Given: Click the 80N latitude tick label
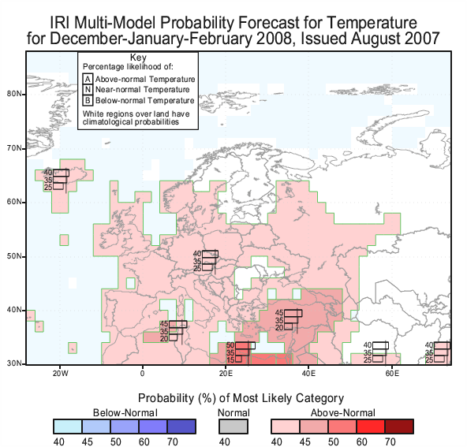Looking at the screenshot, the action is point(13,94).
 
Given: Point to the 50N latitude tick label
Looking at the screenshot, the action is point(13,256).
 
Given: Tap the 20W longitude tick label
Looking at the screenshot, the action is point(61,373).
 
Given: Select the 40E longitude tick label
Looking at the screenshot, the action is point(308,373).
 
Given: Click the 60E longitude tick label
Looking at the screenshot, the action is point(392,373).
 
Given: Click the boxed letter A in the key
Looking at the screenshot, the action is point(88,79).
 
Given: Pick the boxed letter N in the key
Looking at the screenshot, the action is point(88,90).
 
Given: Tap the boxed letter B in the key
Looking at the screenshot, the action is point(88,100).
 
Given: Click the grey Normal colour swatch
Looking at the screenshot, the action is point(233,427).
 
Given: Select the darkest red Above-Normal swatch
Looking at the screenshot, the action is point(399,427).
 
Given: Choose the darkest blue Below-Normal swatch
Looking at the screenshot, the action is point(181,427).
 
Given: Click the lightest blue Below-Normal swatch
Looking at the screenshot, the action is point(68,427).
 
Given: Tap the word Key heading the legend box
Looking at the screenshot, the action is point(138,58).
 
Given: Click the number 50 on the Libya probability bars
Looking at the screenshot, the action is point(230,345).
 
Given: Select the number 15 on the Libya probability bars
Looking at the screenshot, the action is point(230,359).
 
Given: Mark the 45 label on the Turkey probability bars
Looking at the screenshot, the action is point(279,313).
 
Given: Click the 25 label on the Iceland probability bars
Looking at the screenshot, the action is point(48,187).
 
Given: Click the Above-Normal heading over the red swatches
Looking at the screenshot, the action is point(343,413).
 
